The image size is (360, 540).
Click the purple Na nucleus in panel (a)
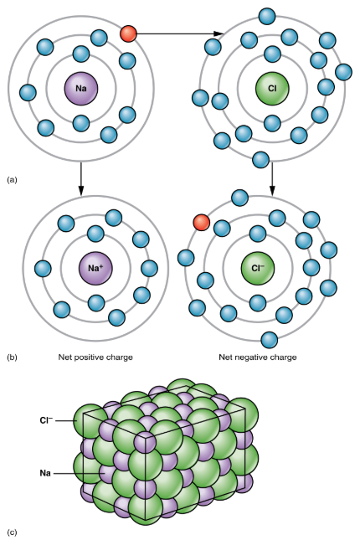tap(81, 89)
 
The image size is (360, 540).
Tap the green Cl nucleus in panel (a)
tap(272, 89)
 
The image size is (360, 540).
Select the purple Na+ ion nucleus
tap(95, 268)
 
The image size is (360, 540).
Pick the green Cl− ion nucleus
tap(258, 268)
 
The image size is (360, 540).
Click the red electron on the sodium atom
tap(128, 33)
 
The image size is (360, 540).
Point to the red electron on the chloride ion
tap(201, 222)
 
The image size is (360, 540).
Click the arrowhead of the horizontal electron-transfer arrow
tap(219, 33)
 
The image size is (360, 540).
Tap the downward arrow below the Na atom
tap(81, 178)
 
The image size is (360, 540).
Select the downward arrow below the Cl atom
tap(272, 178)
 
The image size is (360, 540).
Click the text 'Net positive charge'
tap(95, 357)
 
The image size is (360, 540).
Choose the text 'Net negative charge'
tap(258, 357)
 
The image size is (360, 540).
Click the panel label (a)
tap(12, 180)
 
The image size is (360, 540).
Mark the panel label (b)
tap(12, 357)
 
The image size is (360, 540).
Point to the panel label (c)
tap(12, 532)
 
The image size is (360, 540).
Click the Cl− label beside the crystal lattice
tap(47, 420)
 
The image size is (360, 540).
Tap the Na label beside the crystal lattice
tap(45, 473)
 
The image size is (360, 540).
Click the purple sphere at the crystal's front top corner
tap(145, 443)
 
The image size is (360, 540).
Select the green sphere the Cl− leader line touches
tap(87, 421)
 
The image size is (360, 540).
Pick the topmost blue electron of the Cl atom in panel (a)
tap(267, 16)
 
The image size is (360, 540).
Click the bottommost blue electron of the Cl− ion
tap(270, 340)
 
